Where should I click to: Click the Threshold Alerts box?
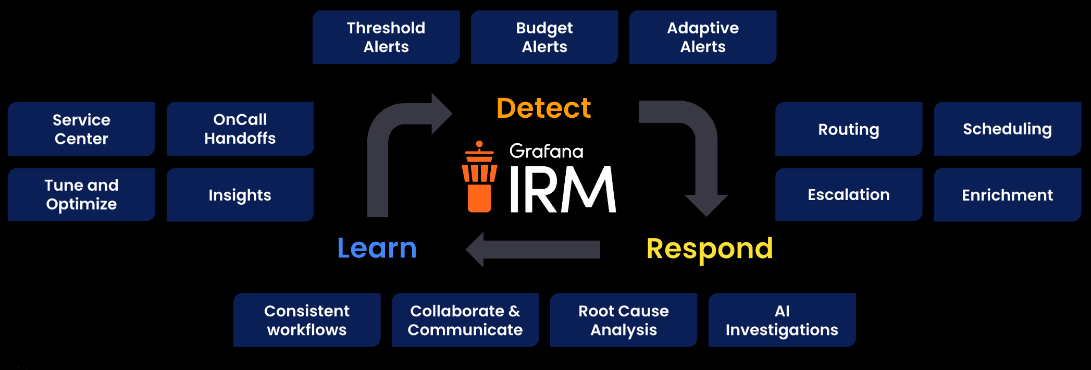pos(386,37)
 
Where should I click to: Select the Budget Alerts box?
pos(544,37)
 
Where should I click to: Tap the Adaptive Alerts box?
pos(703,37)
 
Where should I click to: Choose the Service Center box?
pos(81,129)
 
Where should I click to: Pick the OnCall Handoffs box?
pos(240,129)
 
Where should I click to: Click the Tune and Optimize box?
pos(81,194)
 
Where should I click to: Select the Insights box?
pos(240,194)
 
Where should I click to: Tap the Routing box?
pos(849,129)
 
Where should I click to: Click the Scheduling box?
pos(1007,129)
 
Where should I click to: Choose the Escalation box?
pos(849,194)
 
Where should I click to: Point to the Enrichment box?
pos(1007,194)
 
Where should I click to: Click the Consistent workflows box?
pos(307,320)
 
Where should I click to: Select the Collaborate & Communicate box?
pos(465,320)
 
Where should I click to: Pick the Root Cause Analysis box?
pos(624,320)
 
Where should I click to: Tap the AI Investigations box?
pos(782,320)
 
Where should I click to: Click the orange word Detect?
pos(543,108)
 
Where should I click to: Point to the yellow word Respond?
pos(710,249)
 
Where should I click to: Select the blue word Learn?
pos(377,248)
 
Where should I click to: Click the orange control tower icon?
pos(479,177)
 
